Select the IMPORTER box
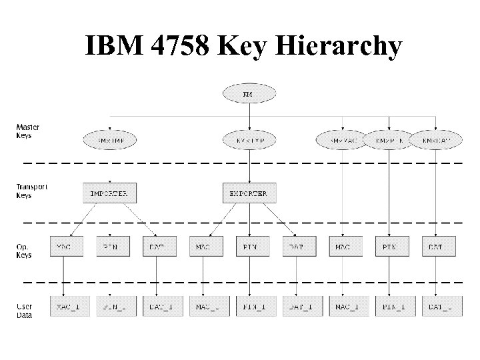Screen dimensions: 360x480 click(x=109, y=193)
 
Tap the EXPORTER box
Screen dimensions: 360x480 click(x=249, y=193)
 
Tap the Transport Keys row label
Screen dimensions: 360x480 click(x=31, y=191)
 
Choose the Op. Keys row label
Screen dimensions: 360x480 click(x=24, y=251)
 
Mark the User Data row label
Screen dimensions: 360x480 click(x=24, y=310)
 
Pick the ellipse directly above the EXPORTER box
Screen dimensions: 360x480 click(x=249, y=140)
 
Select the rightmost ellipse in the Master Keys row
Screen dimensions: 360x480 click(x=435, y=140)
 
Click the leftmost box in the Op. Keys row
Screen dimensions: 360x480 click(x=63, y=246)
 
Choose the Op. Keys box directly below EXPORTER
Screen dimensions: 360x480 click(x=249, y=246)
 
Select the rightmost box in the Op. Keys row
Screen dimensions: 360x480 click(x=435, y=246)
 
